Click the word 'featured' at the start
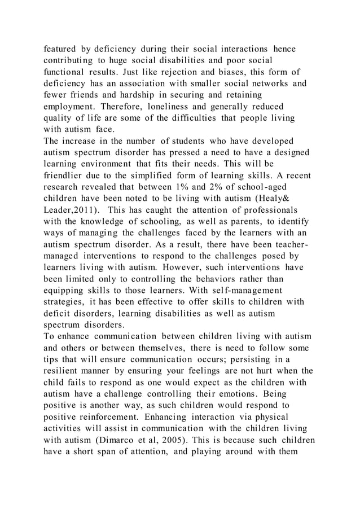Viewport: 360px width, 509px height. click(63, 49)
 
